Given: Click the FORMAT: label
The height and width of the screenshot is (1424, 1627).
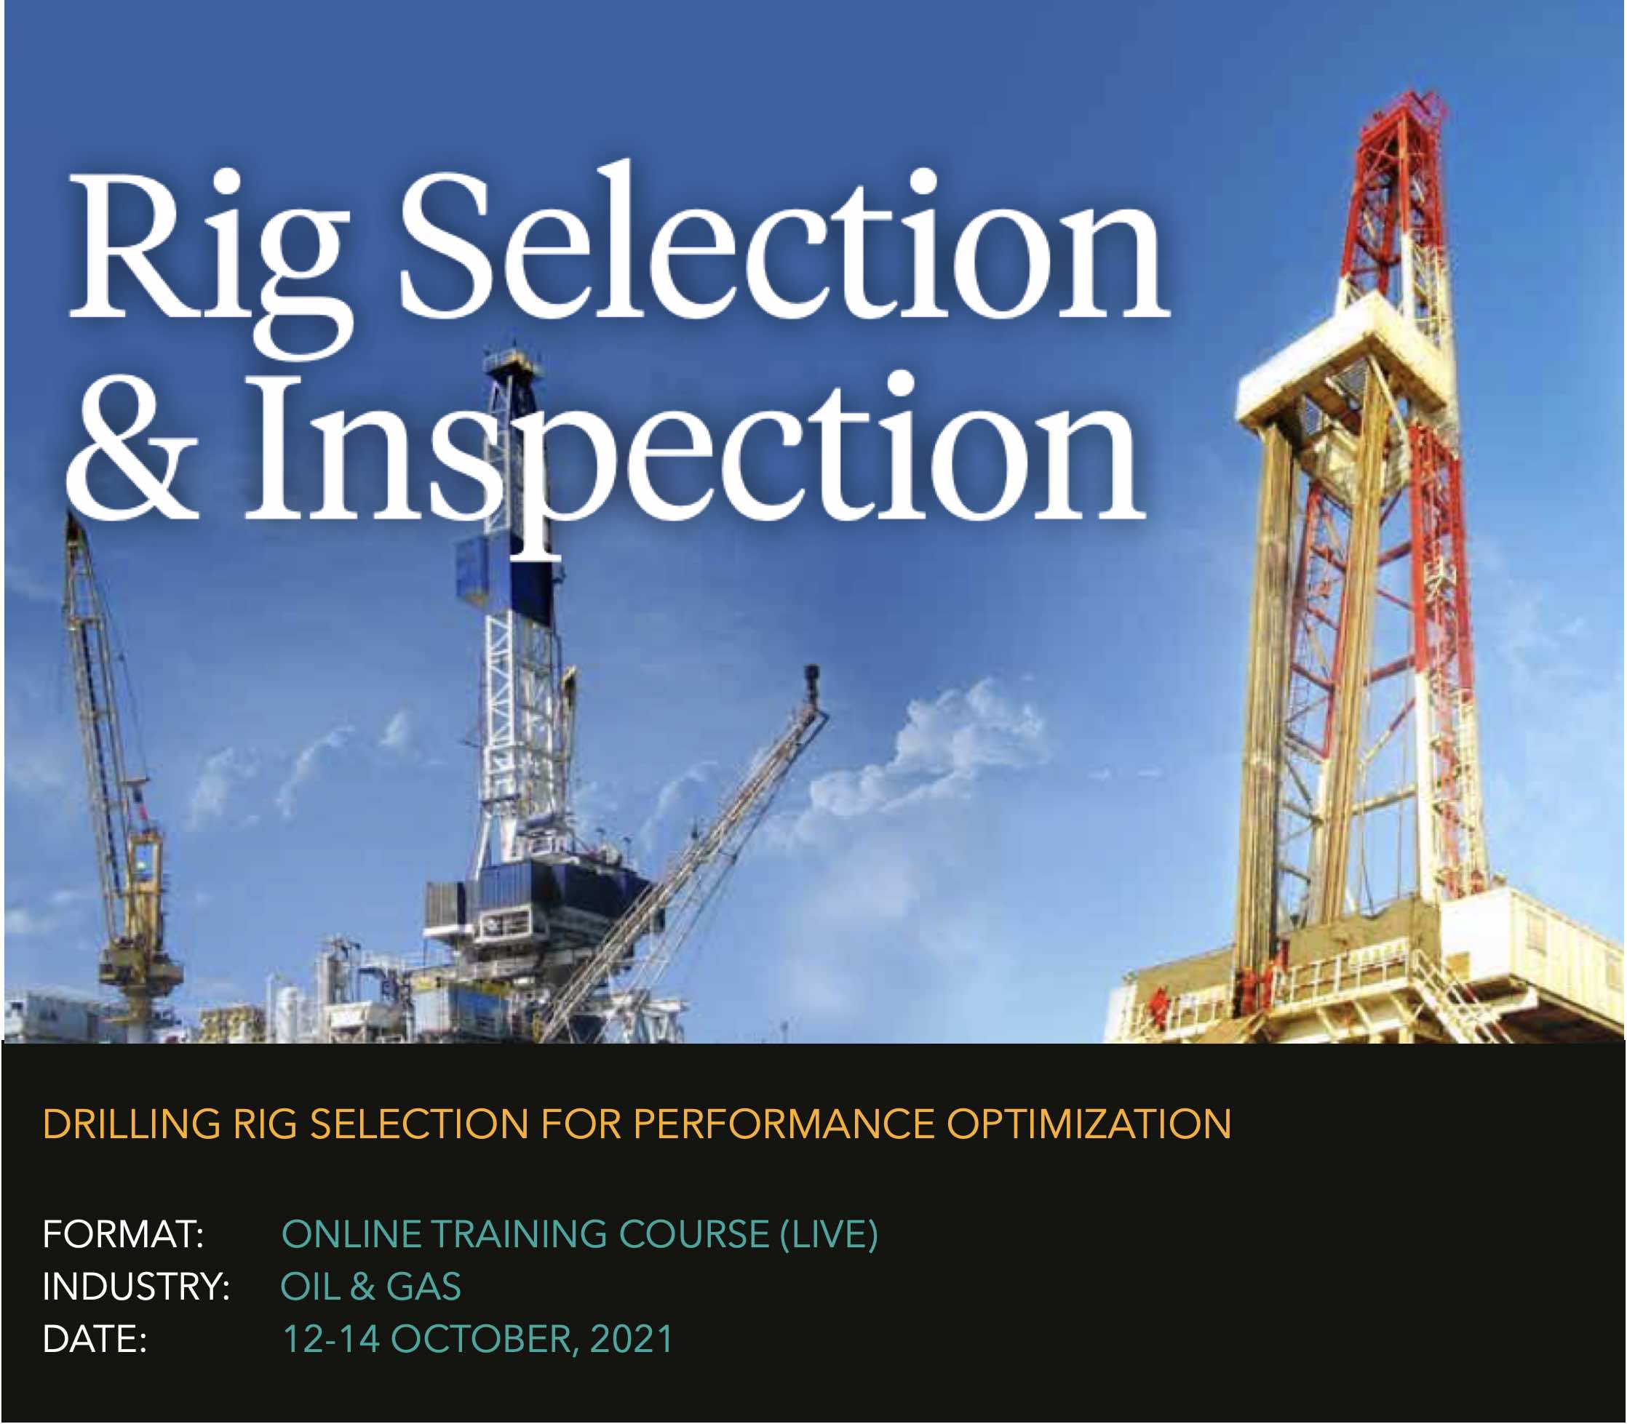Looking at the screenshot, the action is [x=123, y=1235].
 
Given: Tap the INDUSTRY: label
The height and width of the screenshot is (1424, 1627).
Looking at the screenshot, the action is [x=136, y=1287].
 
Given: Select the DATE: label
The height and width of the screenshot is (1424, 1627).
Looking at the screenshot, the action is [x=95, y=1339].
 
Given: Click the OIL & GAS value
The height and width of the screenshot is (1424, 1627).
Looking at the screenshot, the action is [x=370, y=1287].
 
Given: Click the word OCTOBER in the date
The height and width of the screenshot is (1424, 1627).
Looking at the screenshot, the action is [x=482, y=1339].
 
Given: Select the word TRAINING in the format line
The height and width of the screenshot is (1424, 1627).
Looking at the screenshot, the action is [x=520, y=1235].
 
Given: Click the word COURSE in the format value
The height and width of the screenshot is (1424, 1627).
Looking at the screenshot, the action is [x=694, y=1235].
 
